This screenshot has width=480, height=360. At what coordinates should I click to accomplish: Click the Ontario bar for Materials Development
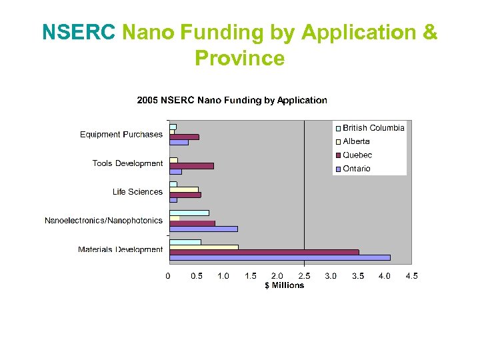(x=280, y=257)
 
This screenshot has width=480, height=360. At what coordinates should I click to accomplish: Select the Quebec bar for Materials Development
(x=264, y=252)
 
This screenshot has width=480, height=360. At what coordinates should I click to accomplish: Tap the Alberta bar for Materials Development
(x=204, y=247)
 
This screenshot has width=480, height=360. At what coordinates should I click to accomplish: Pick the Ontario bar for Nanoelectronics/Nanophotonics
(x=203, y=229)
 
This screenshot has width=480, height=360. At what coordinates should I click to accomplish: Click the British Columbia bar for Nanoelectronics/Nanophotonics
(x=189, y=213)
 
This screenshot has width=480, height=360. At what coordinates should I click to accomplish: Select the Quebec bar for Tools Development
(x=191, y=165)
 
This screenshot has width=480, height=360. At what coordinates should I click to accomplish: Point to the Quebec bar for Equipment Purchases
(x=184, y=137)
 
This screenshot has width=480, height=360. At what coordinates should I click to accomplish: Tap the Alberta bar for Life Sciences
(x=184, y=189)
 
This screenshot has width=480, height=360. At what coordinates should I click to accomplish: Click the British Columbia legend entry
(x=373, y=128)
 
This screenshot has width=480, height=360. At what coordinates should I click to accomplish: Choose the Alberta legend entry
(x=356, y=141)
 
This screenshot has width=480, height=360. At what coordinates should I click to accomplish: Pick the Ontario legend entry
(x=356, y=169)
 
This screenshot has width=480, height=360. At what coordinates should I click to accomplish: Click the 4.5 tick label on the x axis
(x=411, y=276)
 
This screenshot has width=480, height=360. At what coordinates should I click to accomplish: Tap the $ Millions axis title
(x=284, y=285)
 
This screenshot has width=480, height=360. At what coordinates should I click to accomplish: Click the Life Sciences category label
(x=137, y=192)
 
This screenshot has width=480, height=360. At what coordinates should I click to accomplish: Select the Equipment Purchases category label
(x=121, y=135)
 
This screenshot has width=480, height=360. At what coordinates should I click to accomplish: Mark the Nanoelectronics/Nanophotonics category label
(x=103, y=221)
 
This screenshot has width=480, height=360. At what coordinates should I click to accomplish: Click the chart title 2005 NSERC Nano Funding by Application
(x=232, y=101)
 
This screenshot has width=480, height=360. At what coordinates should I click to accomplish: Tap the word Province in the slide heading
(x=239, y=59)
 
